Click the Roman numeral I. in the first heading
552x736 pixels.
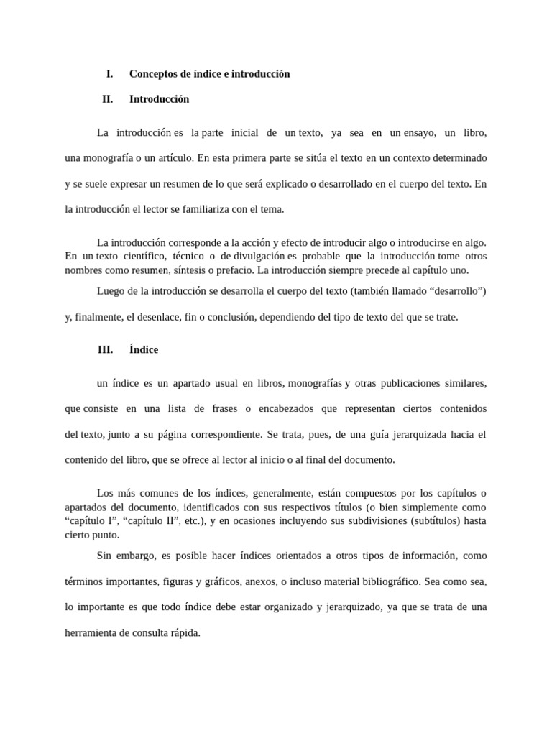109,74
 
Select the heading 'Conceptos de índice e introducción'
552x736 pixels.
209,74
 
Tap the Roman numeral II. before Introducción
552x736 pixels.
108,99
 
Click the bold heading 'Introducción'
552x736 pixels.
159,99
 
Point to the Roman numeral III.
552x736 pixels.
106,350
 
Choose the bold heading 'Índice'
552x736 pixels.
144,350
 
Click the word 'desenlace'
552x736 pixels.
155,316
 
